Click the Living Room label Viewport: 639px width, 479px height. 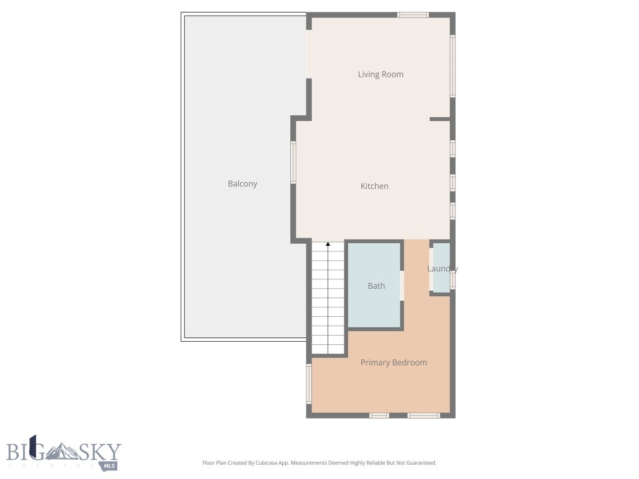380,74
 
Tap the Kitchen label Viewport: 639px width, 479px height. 374,186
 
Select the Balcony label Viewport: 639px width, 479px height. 242,183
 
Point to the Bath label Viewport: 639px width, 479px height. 376,286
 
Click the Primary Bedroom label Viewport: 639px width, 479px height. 393,362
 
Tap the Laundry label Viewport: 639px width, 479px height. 442,269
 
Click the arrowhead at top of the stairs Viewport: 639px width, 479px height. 328,244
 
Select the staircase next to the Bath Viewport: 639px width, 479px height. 328,299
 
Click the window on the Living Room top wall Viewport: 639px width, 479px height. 413,15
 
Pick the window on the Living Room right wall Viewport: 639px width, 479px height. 453,65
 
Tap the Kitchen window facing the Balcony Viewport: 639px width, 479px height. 293,162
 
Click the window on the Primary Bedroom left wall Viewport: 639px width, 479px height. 308,384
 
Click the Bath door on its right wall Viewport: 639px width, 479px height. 402,285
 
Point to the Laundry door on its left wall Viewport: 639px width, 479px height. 431,270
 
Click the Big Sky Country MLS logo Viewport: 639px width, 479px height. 63,453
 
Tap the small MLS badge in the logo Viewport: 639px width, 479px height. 110,465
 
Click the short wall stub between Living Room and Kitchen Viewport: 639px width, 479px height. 439,119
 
